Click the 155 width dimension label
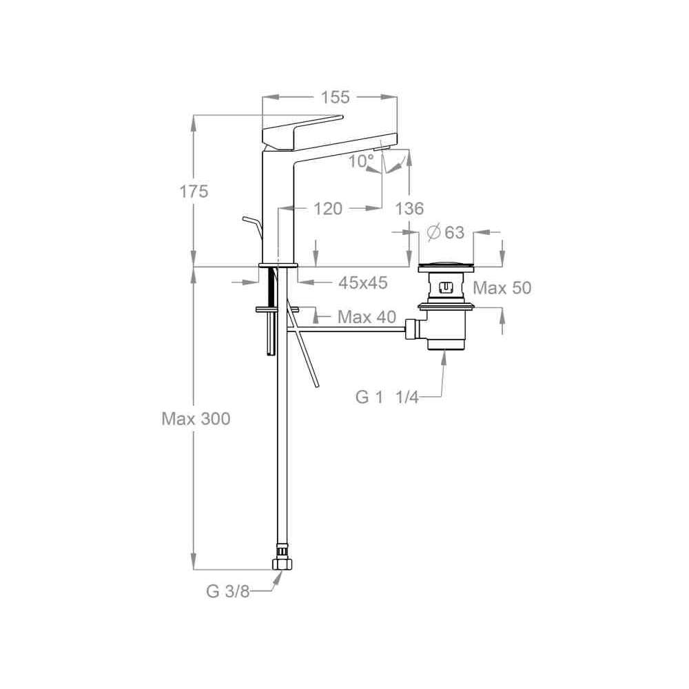tap(335, 97)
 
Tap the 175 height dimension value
tap(194, 192)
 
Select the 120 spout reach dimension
tap(328, 208)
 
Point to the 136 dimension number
tap(409, 208)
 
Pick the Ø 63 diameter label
tap(446, 232)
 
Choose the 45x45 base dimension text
tap(363, 282)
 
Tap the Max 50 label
tap(502, 288)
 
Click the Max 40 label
tap(367, 316)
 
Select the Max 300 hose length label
tap(196, 419)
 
